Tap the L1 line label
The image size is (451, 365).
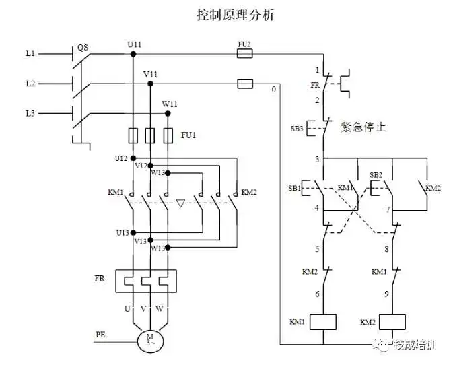30,52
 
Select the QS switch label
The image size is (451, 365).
83,48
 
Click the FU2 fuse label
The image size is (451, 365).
244,44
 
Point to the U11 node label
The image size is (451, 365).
134,44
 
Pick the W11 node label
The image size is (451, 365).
170,104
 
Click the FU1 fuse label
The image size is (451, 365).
188,135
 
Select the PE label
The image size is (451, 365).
100,333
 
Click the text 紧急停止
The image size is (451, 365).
364,127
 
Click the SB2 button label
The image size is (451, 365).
376,175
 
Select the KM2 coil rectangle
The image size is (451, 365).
393,322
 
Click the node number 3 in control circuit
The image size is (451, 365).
316,159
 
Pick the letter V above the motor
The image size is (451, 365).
143,308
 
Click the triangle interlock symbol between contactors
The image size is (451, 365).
180,202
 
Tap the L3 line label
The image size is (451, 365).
30,113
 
